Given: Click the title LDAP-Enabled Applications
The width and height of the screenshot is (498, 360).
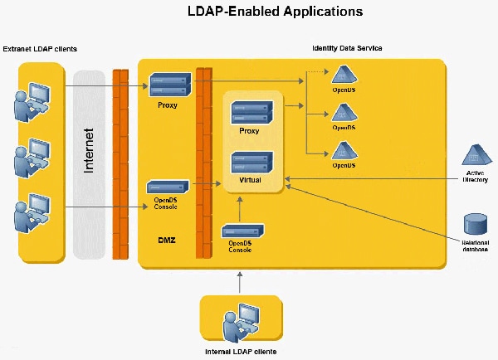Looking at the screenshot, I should coord(248,12).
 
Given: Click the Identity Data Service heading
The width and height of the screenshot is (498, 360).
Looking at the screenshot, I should coord(347,48).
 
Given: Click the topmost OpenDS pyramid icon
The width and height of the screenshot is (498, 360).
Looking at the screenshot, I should coord(343,76).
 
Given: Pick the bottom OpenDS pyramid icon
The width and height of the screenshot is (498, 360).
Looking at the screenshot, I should coord(343,151).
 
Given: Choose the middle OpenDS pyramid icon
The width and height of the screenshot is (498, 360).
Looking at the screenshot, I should coord(343,114).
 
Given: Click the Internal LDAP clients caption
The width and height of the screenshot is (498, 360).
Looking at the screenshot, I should coord(240,352).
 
